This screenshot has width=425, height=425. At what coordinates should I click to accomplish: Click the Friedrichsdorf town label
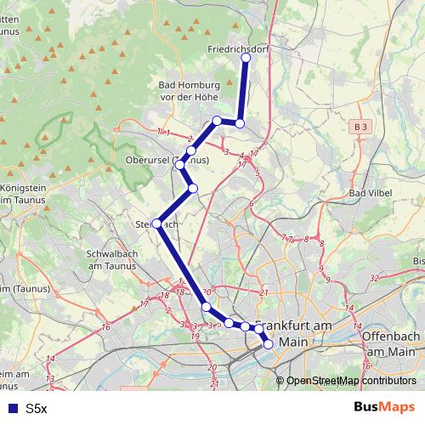coord(239,49)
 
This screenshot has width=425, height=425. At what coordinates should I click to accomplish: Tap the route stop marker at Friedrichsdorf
coord(246,57)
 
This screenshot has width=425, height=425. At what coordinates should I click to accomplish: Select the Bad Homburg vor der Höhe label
coord(190,91)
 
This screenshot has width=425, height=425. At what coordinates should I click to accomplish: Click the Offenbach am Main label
coord(390,343)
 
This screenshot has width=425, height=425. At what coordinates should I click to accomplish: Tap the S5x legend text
coord(36,409)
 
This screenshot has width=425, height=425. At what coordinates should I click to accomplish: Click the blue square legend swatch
coord(11,409)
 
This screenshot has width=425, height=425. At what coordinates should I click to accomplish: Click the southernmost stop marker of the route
coord(269,344)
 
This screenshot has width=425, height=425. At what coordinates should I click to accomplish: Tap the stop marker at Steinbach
coord(156,224)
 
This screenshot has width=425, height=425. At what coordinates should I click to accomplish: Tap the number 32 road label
coord(375,278)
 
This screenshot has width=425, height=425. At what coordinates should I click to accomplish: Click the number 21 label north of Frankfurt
coord(264,293)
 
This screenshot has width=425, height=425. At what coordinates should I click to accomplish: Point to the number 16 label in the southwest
coord(105,327)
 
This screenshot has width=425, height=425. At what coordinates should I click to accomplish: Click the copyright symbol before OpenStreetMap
coord(280,381)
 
